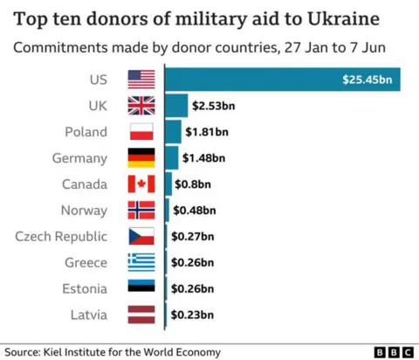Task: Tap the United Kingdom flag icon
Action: pos(141,106)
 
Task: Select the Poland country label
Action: pos(86,132)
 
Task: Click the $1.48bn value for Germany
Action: pos(204,158)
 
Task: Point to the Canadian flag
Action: pos(141,184)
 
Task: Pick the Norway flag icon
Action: pos(141,211)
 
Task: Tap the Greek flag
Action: pos(141,262)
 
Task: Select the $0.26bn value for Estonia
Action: pos(193,288)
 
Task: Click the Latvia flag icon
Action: pos(141,315)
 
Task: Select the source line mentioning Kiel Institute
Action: pos(113,351)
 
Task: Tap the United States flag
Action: pos(141,80)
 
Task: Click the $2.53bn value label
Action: pos(214,106)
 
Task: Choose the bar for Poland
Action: pos(173,132)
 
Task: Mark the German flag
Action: pos(141,158)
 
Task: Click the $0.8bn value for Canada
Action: pos(194,184)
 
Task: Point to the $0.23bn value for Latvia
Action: pos(193,315)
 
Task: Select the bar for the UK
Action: pos(176,106)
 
